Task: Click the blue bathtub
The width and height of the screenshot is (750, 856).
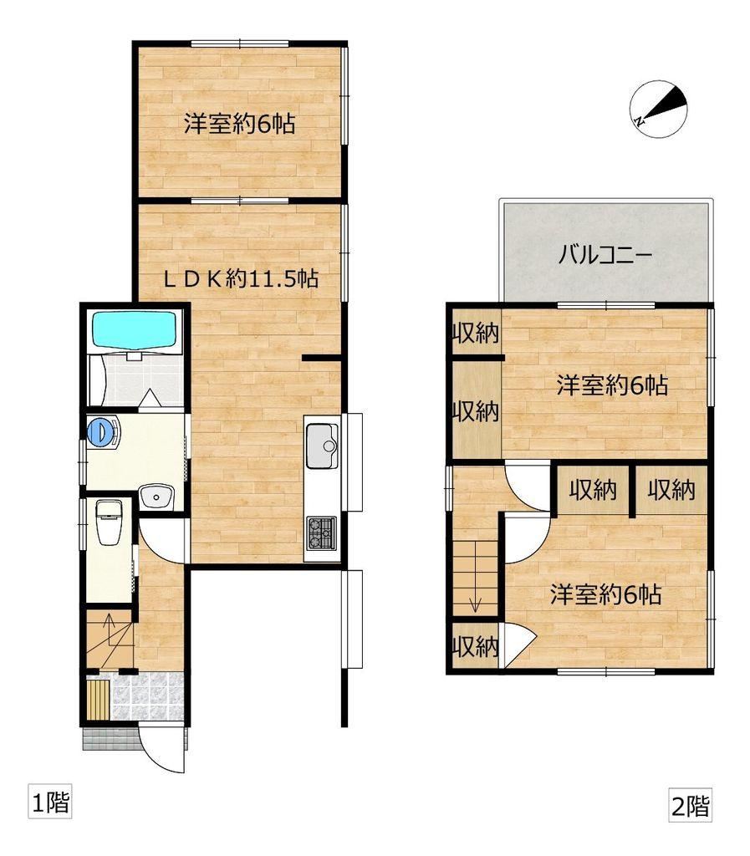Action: tap(136, 329)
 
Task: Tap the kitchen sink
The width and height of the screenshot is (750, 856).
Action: tap(322, 446)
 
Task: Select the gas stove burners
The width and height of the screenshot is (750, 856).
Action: tap(322, 533)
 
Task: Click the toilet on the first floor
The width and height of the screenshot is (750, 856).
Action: tap(110, 522)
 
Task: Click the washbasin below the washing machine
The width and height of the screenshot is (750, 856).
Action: tap(156, 497)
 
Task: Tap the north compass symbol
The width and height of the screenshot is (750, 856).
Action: tap(658, 108)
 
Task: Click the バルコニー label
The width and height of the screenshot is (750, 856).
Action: tap(605, 255)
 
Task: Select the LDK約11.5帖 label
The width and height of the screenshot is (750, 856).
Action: tap(241, 279)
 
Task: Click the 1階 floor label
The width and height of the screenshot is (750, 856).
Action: tap(50, 803)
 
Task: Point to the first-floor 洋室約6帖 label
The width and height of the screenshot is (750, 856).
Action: tap(240, 124)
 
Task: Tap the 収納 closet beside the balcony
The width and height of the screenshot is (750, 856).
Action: tap(476, 333)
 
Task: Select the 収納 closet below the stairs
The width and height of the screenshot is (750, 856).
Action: tap(476, 646)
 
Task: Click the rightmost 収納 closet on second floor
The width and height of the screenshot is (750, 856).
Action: tap(671, 489)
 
